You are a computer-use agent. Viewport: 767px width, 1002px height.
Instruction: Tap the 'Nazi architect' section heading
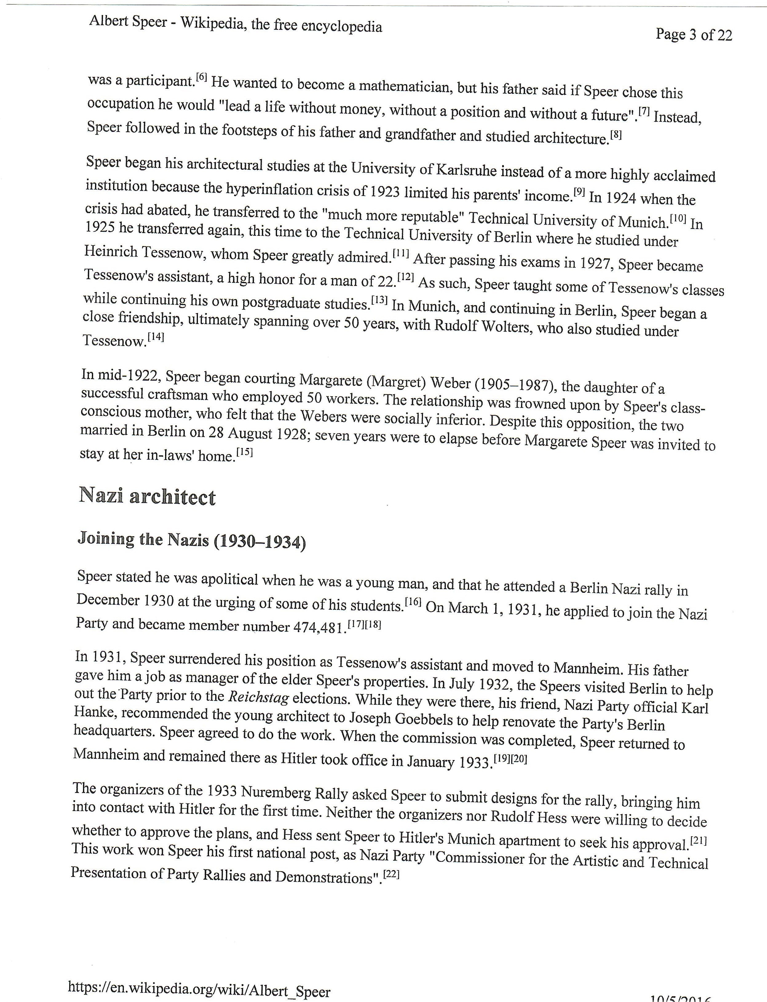click(x=147, y=497)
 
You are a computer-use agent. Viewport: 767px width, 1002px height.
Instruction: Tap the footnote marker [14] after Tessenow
click(x=155, y=338)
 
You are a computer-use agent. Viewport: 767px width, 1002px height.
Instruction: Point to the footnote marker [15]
click(x=244, y=453)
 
